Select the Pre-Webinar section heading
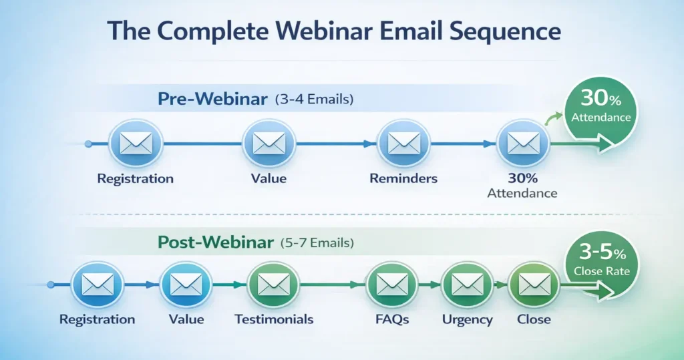click(212, 99)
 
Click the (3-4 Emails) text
click(314, 100)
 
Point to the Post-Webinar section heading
click(215, 242)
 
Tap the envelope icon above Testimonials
click(273, 285)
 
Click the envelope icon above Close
click(533, 285)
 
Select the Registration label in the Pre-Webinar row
click(135, 178)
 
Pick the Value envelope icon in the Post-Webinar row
click(186, 285)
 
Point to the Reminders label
click(403, 178)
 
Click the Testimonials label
click(274, 319)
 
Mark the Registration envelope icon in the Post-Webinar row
click(97, 285)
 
